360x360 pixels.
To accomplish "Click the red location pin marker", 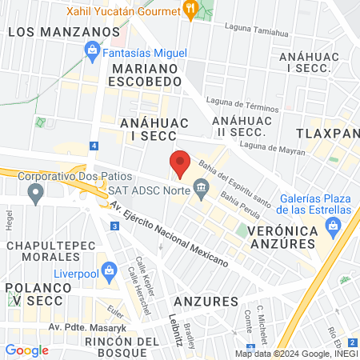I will click(180, 164).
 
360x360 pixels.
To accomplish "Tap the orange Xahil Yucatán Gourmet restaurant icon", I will click(190, 9).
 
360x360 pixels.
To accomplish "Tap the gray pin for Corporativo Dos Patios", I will click(34, 192).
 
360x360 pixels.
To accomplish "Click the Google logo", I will click(26, 350).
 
